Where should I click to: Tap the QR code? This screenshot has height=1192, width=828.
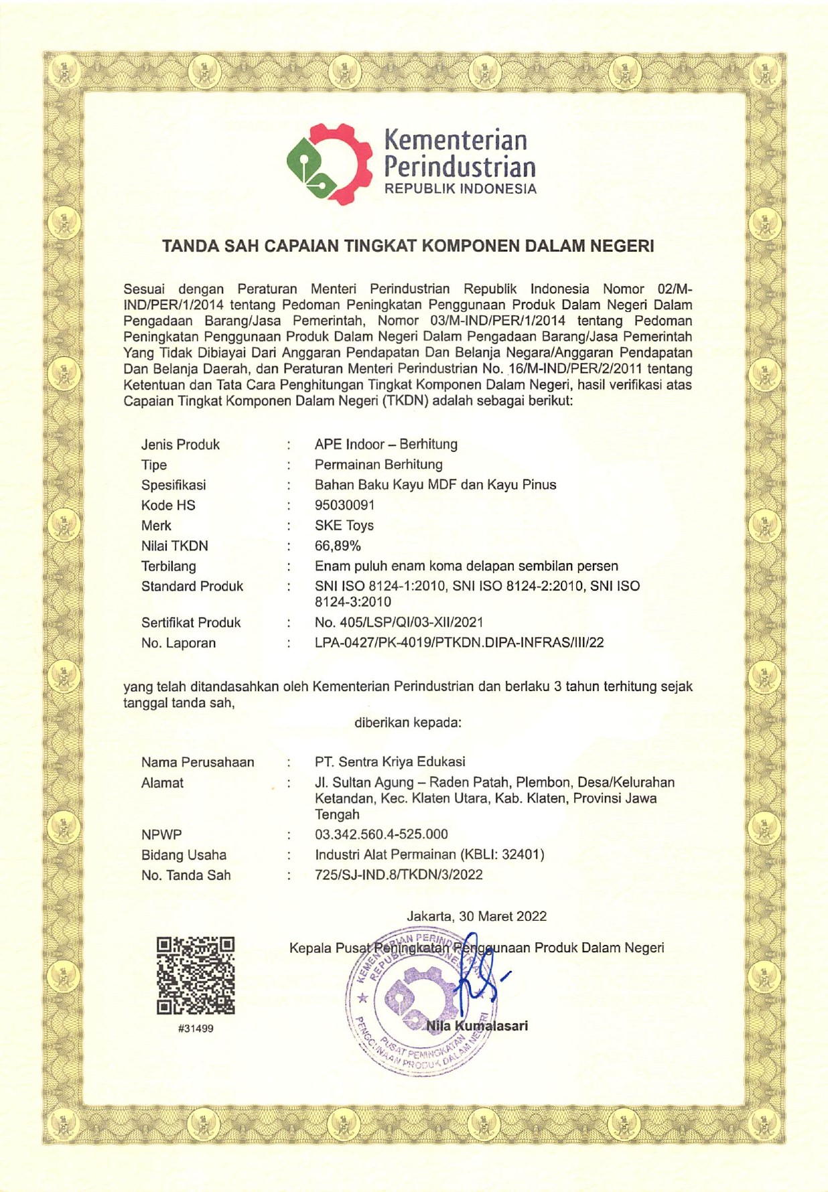(196, 975)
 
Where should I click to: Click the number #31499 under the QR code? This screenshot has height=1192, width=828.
(196, 1028)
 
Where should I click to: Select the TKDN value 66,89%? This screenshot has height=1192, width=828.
(338, 546)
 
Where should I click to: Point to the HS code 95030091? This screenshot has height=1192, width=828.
(344, 505)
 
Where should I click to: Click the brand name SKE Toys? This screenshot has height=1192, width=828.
(344, 526)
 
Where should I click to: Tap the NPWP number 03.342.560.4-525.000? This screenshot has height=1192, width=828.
(381, 834)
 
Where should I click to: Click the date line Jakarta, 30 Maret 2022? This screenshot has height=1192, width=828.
(476, 916)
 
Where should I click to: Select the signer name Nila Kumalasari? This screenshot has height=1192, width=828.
(477, 1026)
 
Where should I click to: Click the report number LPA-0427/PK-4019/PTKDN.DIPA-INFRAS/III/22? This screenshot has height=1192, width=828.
(459, 643)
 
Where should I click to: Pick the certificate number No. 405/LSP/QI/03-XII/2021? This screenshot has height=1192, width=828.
(399, 623)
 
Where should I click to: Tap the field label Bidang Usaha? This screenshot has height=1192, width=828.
(184, 855)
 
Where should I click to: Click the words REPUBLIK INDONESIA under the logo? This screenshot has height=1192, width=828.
(460, 190)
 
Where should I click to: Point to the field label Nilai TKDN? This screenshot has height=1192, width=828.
(174, 546)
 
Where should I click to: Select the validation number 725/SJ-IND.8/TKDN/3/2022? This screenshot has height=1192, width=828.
(399, 875)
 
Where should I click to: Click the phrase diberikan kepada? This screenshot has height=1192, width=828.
(408, 723)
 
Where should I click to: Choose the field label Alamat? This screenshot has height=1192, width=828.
(162, 783)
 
